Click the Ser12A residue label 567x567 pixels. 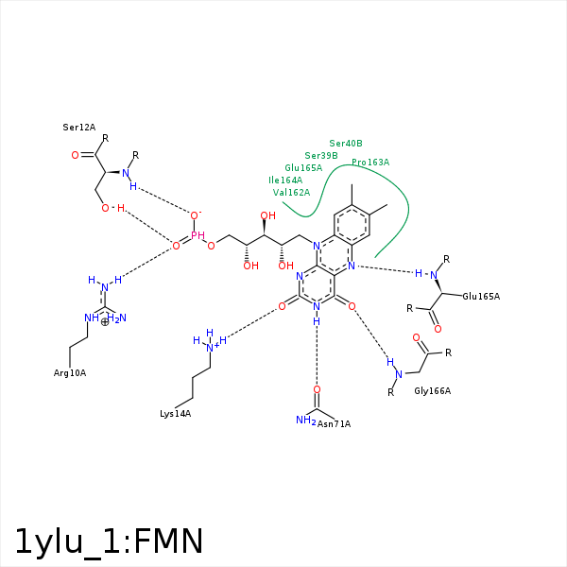(x=79, y=127)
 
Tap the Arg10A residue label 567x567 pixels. (x=70, y=373)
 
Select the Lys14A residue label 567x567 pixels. (x=176, y=414)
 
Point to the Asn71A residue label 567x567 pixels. (x=335, y=423)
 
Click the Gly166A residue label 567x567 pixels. (x=432, y=390)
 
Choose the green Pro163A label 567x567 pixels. (x=370, y=163)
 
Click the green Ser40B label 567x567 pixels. (x=346, y=143)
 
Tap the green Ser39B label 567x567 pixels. (x=321, y=155)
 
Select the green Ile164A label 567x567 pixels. (x=285, y=180)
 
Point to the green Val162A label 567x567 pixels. (x=291, y=192)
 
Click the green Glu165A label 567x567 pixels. (x=303, y=167)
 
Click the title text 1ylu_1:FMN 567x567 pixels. (x=109, y=541)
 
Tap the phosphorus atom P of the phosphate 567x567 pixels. (x=196, y=234)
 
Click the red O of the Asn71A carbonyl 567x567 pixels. (x=317, y=389)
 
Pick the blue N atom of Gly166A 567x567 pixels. (x=398, y=374)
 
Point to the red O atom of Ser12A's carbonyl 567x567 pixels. (x=76, y=154)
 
